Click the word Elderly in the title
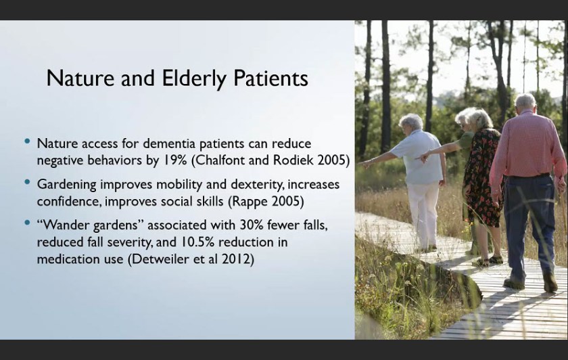pos(194,78)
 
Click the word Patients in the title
pos(270,78)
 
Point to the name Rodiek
pos(293,160)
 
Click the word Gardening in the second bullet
pos(67,185)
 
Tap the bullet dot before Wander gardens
pos(27,223)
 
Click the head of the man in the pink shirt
pos(525,102)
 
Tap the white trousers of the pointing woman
pos(423,214)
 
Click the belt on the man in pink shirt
pos(528,176)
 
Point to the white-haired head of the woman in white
pos(411,121)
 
